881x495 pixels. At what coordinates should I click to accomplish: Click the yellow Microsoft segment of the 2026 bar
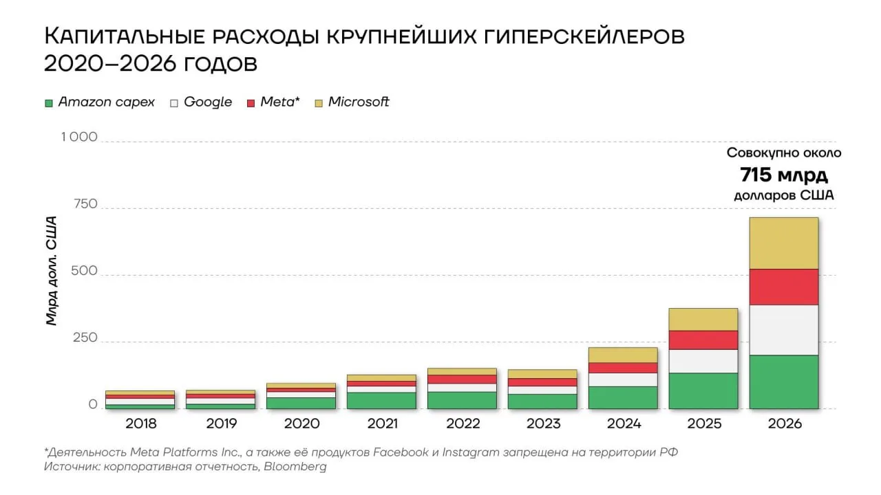point(784,243)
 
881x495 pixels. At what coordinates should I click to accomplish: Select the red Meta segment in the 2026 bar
point(784,287)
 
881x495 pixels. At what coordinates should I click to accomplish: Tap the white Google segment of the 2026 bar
point(784,331)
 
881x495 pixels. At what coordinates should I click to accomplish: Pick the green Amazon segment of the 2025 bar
point(703,391)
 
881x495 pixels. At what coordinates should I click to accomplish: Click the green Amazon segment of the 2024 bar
point(623,398)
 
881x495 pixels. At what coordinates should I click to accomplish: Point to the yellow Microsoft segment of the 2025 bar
point(703,320)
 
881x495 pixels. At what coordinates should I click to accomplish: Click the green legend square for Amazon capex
point(49,103)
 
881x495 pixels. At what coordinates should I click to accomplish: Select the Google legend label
point(208,102)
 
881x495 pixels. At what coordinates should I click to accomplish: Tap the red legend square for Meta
point(251,103)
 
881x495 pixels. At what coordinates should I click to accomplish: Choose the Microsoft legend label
point(359,102)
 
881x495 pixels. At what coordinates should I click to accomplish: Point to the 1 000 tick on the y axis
point(79,137)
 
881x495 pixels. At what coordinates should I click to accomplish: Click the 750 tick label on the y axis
point(85,204)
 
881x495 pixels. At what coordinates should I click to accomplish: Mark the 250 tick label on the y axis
point(85,338)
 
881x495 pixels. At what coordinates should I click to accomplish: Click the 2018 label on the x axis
point(141,423)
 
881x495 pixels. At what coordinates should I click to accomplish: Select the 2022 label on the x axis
point(463,423)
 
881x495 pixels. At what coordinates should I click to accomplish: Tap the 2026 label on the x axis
point(785,423)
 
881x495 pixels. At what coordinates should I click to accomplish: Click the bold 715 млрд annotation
point(784,175)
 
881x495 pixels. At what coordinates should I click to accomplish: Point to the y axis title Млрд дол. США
point(52,271)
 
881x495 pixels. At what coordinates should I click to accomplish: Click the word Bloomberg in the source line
point(295,467)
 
